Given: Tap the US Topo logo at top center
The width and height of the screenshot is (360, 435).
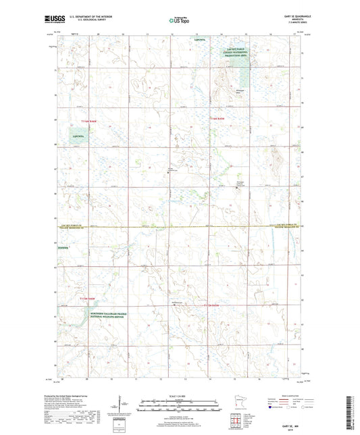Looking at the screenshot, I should [x=179, y=21].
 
